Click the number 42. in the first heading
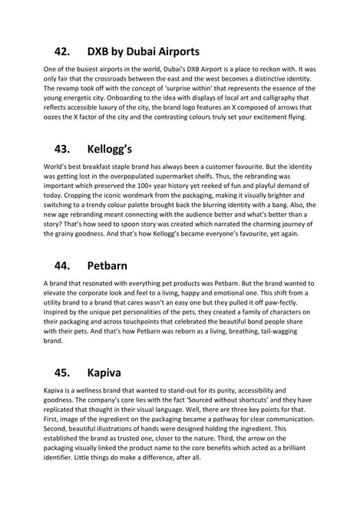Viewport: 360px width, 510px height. pos(62,52)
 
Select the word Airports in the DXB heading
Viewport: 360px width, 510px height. pos(173,52)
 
